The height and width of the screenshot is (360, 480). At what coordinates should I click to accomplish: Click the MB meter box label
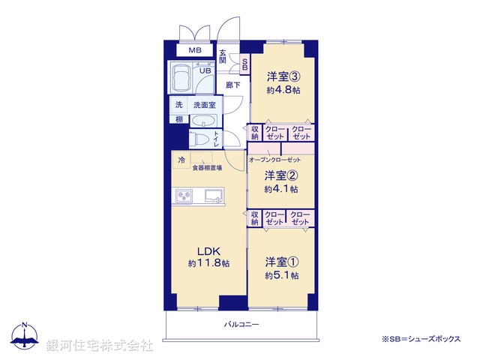tap(194, 50)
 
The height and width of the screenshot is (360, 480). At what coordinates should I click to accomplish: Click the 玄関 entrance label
tap(223, 55)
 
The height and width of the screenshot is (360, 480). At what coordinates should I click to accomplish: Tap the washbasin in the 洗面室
tap(203, 121)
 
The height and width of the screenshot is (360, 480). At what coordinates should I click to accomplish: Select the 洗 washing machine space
tap(178, 105)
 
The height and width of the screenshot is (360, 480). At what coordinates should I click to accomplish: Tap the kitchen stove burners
tap(184, 196)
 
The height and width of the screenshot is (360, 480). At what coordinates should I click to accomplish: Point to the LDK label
tap(208, 250)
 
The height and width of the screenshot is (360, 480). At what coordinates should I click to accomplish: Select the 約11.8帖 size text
tap(208, 264)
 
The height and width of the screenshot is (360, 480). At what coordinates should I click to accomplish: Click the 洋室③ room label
tap(283, 76)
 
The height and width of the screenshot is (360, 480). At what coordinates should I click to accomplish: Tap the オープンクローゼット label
tap(274, 160)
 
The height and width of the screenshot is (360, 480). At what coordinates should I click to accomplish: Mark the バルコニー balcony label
tap(241, 325)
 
